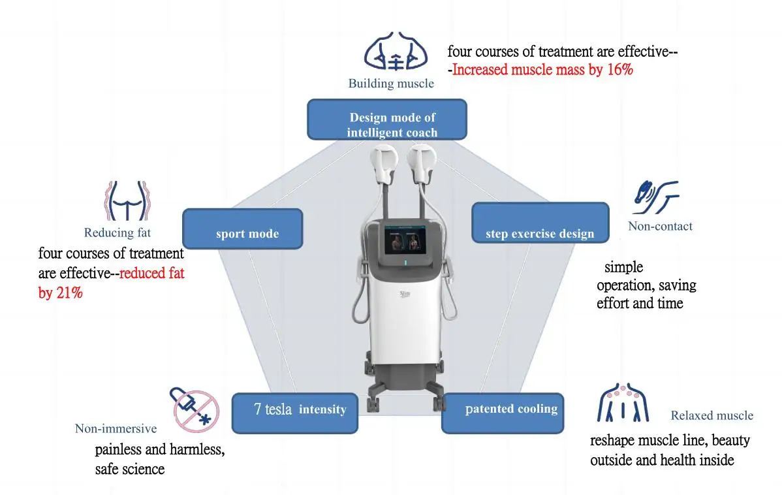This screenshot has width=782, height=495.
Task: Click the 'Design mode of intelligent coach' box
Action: point(386,119)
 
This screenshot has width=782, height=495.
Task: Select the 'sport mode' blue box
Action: point(243,229)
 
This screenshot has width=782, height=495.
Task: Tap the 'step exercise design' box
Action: point(540,223)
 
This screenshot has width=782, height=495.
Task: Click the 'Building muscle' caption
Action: point(390,84)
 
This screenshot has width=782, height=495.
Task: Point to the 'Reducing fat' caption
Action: point(117,232)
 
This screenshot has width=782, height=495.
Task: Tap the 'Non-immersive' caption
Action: point(116,429)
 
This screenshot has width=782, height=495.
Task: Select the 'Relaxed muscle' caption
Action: point(712,416)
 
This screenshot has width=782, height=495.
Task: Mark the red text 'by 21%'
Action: point(60,293)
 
